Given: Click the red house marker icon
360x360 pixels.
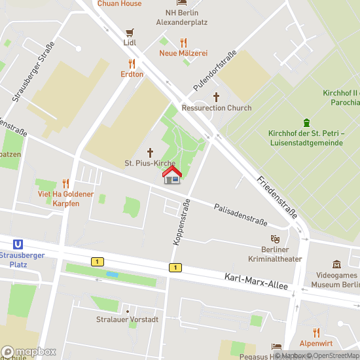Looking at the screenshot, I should coord(172,175).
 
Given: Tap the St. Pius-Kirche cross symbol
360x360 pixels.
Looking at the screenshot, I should coord(150,151).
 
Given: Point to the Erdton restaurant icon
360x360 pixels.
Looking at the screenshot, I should coord(132,63).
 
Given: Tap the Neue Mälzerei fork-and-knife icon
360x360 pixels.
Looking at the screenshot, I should coord(183,43).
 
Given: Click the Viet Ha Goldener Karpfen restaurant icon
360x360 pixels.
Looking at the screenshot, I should coord(65,183).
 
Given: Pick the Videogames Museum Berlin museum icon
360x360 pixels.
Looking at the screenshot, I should coord(336,264).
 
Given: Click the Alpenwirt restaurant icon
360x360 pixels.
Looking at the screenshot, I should coord(316,333).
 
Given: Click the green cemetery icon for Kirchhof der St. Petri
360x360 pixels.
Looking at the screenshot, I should coord(306,122).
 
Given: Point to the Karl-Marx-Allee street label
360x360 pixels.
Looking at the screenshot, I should coord(256,283).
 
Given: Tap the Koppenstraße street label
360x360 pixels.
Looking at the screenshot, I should coord(181,222).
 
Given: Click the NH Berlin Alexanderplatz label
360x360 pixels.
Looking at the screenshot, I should coord(181,17).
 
